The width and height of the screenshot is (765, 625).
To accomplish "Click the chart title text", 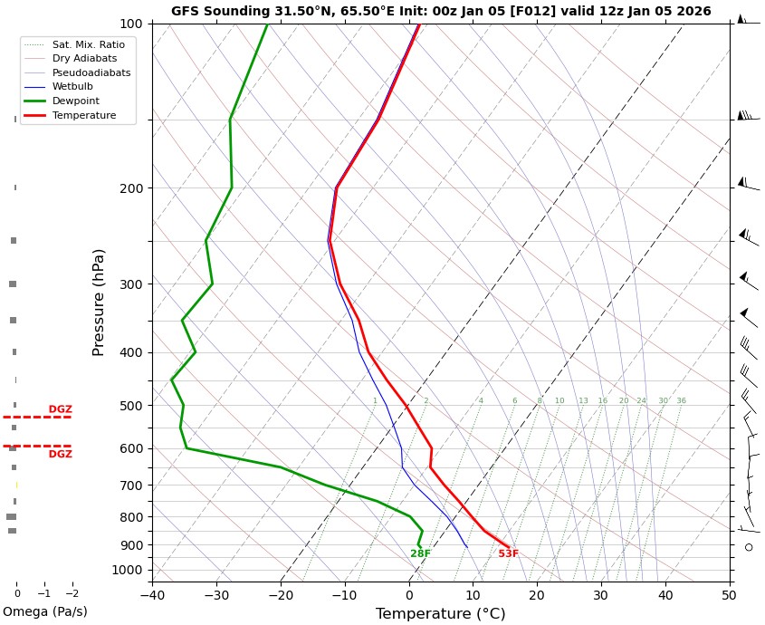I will pyautogui.click(x=441, y=12).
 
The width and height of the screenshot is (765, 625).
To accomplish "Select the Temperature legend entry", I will pyautogui.click(x=84, y=116).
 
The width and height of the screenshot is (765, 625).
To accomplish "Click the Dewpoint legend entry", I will pyautogui.click(x=76, y=101).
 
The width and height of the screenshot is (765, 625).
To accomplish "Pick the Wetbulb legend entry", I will pyautogui.click(x=72, y=87).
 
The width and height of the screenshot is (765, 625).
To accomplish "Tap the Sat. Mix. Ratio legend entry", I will pyautogui.click(x=89, y=44).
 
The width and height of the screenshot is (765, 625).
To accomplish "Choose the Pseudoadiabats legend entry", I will pyautogui.click(x=91, y=72).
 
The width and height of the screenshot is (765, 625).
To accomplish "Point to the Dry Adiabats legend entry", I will pyautogui.click(x=85, y=58).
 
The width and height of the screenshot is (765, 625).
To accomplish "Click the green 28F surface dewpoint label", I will pyautogui.click(x=420, y=553).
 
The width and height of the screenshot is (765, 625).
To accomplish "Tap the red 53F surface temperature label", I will pyautogui.click(x=508, y=553).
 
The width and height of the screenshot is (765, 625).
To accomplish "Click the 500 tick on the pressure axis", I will pyautogui.click(x=131, y=406).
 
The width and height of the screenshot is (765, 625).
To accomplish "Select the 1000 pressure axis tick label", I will pyautogui.click(x=128, y=570).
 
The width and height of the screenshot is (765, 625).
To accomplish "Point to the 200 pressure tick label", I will pyautogui.click(x=131, y=188).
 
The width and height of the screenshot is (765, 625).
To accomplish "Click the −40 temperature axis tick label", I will pyautogui.click(x=152, y=595).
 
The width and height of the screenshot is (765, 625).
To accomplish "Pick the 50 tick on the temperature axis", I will pyautogui.click(x=730, y=595).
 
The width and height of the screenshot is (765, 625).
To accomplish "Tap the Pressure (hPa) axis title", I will pyautogui.click(x=100, y=302).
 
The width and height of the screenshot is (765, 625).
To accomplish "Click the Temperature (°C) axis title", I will pyautogui.click(x=441, y=614).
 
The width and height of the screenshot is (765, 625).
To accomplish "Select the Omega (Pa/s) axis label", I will pyautogui.click(x=45, y=611).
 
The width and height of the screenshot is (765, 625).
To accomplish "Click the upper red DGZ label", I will pyautogui.click(x=60, y=409).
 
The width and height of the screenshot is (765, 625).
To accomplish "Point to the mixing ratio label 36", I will pyautogui.click(x=681, y=401).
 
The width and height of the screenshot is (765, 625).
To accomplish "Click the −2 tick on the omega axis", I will pyautogui.click(x=72, y=594).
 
